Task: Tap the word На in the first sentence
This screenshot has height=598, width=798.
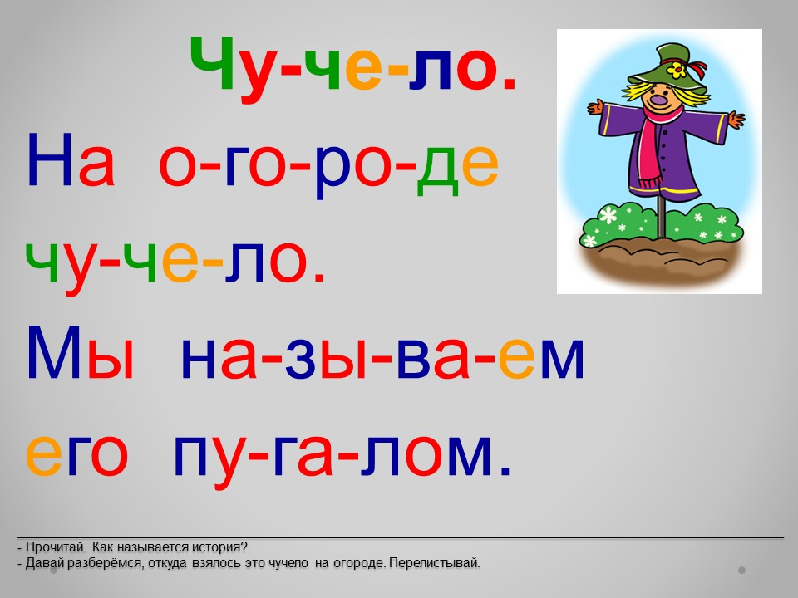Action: click(71, 159)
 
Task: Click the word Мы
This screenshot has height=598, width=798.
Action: click(81, 351)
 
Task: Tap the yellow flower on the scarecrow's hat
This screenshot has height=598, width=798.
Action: click(677, 70)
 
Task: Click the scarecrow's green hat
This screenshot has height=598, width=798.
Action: click(667, 66)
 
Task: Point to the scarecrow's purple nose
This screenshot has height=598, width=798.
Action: click(661, 100)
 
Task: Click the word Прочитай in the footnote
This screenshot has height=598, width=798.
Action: click(55, 547)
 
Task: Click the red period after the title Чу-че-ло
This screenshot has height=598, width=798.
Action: click(509, 85)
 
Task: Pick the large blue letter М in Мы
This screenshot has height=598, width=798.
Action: click(54, 351)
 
